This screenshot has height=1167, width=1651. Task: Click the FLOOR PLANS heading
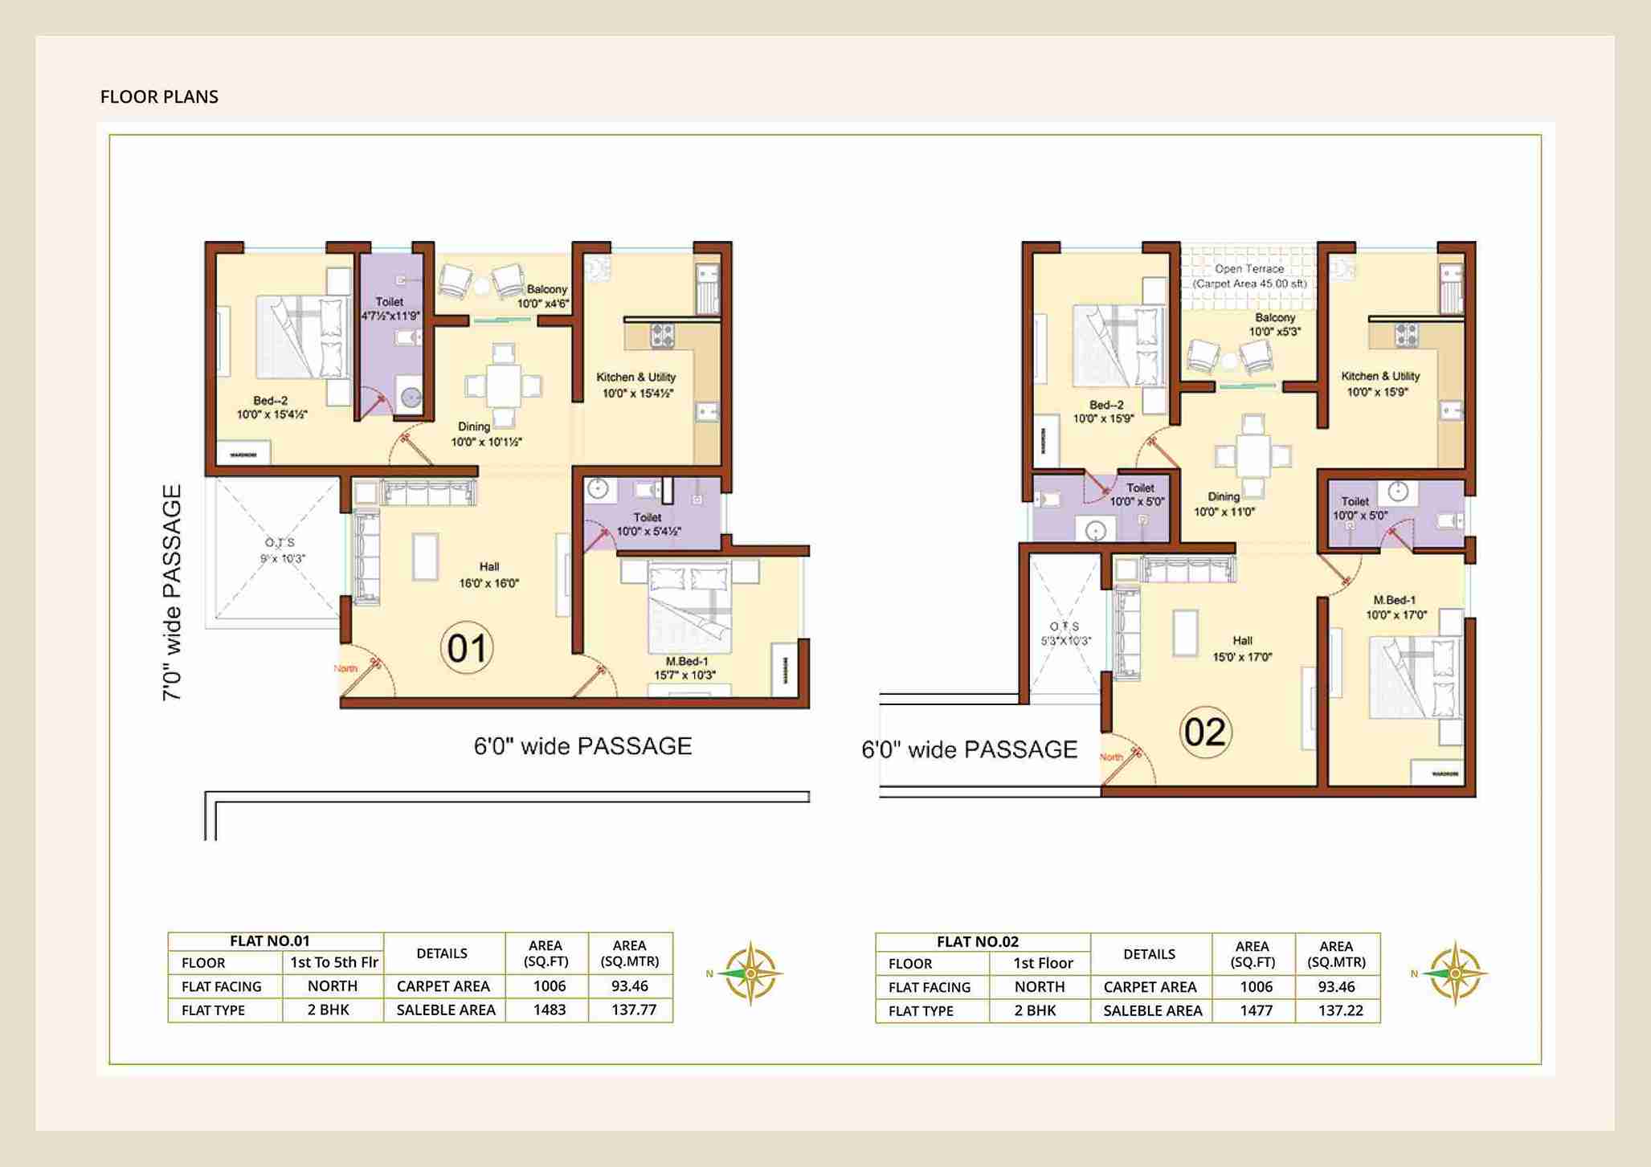pos(159,96)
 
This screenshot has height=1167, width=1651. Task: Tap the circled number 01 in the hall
pos(467,648)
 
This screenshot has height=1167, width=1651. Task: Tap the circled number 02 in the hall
pos(1205,732)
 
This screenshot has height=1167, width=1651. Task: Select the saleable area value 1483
pos(549,1010)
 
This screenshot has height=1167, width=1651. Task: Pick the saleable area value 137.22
pos(1340,1010)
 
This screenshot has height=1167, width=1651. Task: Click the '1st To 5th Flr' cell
pos(333,962)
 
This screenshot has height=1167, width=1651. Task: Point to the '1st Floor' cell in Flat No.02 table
pos(1043,963)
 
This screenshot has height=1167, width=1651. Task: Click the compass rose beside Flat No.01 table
pos(750,973)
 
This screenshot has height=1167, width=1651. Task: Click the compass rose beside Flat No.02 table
pos(1455,973)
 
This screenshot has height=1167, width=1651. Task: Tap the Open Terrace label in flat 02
pos(1249,275)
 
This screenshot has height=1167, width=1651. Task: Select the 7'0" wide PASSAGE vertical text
pos(172,593)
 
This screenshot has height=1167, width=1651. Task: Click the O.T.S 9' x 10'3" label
pos(281,551)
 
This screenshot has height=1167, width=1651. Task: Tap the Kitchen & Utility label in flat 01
pos(636,385)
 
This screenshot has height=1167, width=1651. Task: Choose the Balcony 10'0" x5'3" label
pos(1274,324)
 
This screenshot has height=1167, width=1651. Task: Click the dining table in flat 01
pos(504,386)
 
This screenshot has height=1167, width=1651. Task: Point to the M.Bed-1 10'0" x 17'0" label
pos(1396,607)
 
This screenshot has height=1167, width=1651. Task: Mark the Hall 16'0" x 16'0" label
pos(488,575)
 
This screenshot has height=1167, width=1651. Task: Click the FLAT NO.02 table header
pos(978,941)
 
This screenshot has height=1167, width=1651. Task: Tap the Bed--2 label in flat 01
pos(271,407)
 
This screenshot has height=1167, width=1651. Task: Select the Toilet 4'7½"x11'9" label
pos(390,308)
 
